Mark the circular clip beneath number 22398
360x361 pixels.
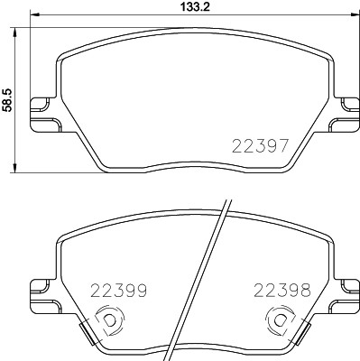(x=279, y=319)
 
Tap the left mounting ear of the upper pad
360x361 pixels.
(x=42, y=112)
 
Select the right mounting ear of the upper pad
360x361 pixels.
(x=344, y=112)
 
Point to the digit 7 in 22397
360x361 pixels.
(x=284, y=145)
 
